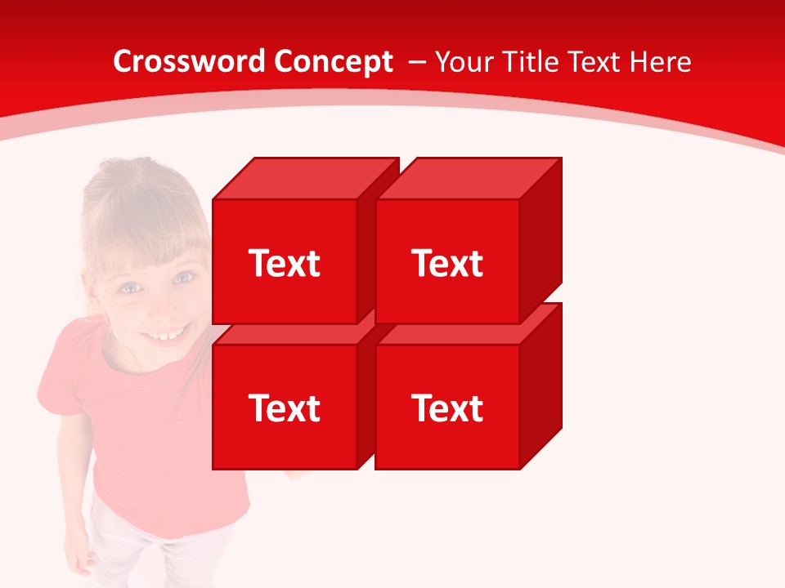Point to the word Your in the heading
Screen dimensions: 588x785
click(x=462, y=61)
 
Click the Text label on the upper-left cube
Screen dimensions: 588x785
click(x=284, y=263)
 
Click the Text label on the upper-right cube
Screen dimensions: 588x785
click(x=447, y=263)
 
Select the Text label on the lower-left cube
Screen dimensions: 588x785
click(x=284, y=408)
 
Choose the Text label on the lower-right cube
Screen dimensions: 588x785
click(x=447, y=408)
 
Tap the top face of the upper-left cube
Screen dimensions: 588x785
click(x=304, y=179)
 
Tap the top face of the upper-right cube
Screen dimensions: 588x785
click(x=468, y=179)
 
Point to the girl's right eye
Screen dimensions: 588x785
click(x=129, y=287)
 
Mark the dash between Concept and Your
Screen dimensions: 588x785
click(x=415, y=61)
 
